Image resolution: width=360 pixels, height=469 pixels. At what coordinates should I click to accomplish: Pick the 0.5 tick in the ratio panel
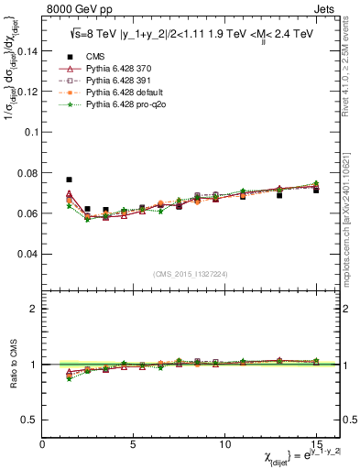click(29, 420)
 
